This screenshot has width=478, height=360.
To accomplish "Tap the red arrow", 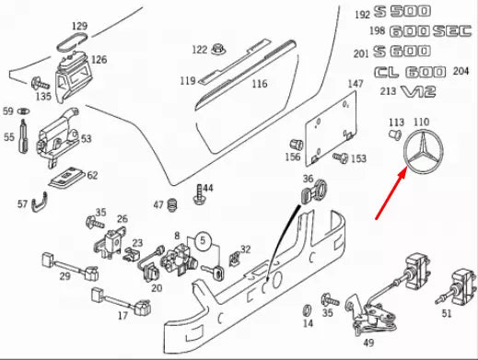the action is click(x=391, y=195).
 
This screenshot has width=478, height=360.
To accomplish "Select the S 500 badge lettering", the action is click(x=402, y=12).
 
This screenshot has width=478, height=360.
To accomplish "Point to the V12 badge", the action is click(x=418, y=91).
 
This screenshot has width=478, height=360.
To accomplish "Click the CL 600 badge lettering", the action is click(x=410, y=72).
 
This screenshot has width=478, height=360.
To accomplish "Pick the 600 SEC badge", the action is click(x=430, y=31).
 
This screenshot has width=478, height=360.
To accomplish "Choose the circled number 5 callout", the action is click(x=203, y=240).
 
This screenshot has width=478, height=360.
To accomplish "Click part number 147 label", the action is click(x=356, y=84).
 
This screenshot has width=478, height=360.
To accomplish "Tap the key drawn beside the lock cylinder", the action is click(x=213, y=272).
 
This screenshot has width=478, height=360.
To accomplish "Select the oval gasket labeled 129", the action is click(x=72, y=42).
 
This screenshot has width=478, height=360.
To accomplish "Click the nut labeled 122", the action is click(x=218, y=50).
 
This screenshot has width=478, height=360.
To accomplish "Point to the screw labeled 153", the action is click(x=341, y=157).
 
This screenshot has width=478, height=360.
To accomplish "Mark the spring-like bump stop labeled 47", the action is click(x=172, y=205).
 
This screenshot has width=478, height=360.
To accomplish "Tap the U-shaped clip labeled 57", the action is click(x=40, y=203).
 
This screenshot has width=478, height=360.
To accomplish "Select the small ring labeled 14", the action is click(x=307, y=310).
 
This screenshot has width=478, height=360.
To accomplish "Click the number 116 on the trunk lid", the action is click(x=260, y=84).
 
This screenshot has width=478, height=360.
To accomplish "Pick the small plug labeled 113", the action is click(x=395, y=134).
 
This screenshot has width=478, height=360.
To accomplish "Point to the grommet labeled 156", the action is click(x=297, y=145).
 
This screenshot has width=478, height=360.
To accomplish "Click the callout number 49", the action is click(x=368, y=343).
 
